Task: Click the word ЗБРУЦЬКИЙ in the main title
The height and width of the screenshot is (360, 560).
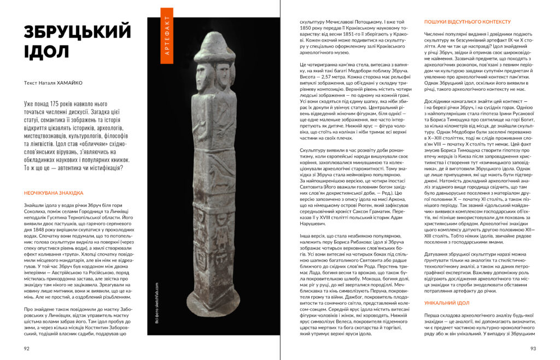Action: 78,32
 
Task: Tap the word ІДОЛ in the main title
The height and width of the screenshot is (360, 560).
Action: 46,52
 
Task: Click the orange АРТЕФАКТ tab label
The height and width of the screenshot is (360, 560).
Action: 167,33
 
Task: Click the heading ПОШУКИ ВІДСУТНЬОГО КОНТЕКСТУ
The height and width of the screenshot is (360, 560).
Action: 468,22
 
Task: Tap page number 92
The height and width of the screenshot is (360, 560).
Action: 27,347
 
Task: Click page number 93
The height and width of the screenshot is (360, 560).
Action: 533,347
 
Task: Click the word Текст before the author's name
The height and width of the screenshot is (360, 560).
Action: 32,84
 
